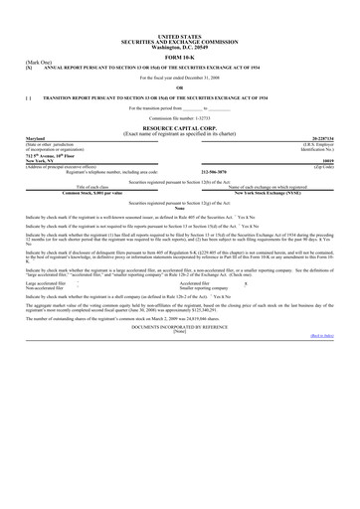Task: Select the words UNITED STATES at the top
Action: pos(179,35)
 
